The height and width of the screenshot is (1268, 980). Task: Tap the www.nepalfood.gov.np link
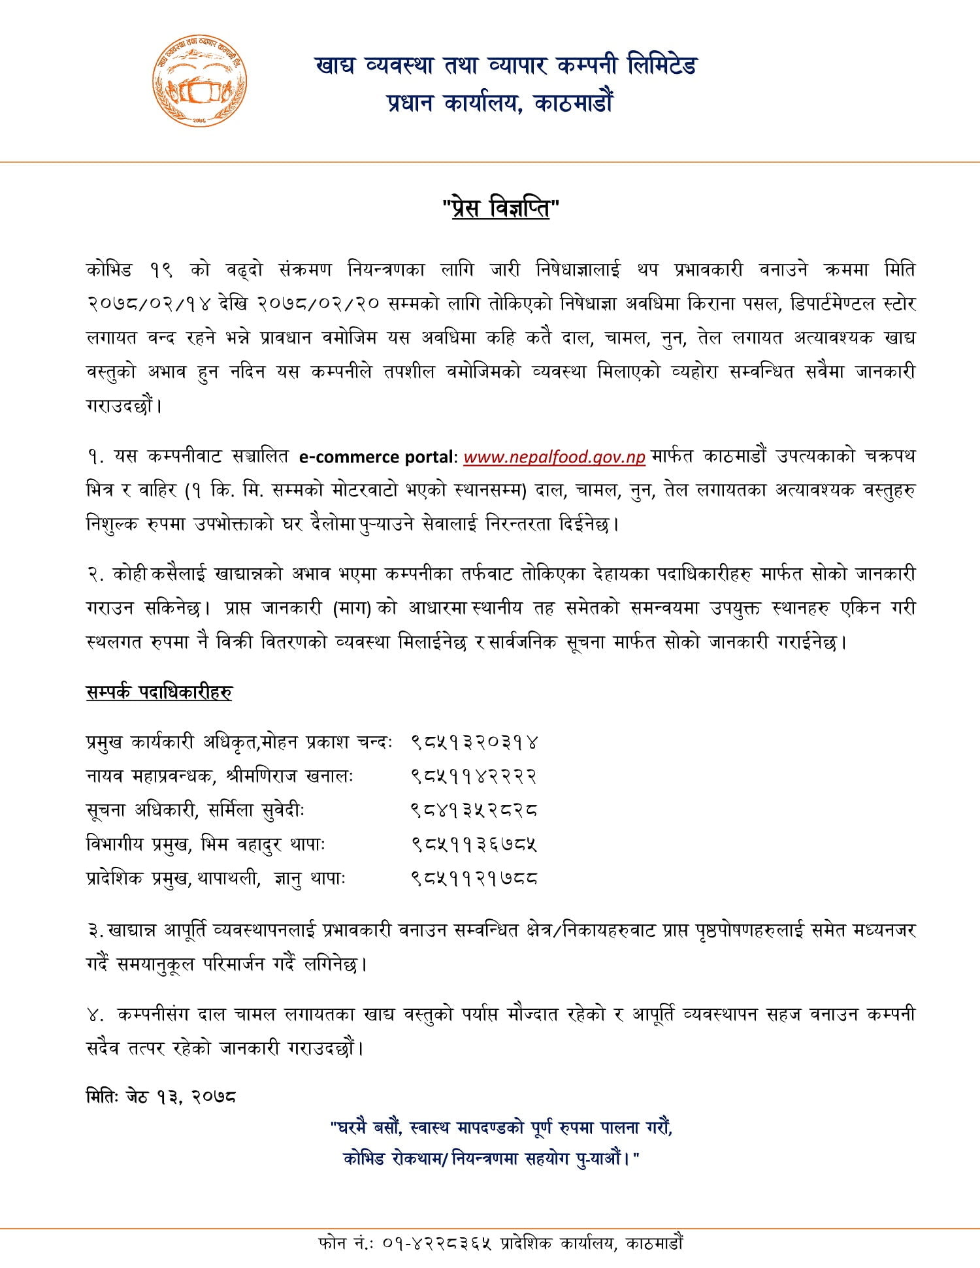554,457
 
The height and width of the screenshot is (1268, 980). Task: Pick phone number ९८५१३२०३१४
474,742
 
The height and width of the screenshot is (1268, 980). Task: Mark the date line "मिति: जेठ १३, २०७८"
161,1096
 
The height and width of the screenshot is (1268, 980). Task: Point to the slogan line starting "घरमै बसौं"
501,1128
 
